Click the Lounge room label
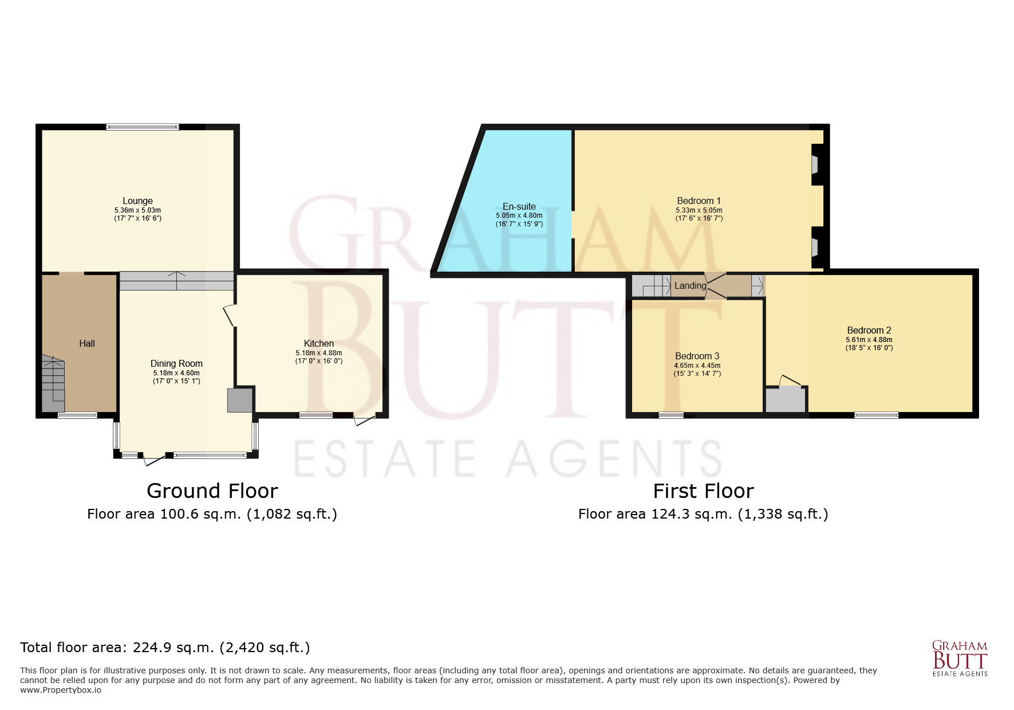137,201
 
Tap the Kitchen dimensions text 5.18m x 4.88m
318,353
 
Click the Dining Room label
176,363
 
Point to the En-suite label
519,206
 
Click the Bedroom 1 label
699,201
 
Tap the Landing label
690,285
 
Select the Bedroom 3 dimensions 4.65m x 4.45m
697,366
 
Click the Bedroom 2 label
869,330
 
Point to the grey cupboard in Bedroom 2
786,399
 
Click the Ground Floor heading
212,491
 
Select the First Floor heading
703,491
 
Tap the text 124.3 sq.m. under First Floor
692,514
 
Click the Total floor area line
165,648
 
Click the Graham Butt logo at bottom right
960,658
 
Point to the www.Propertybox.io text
61,690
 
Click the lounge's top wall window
142,127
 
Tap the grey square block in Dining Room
240,400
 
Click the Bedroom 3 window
671,415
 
